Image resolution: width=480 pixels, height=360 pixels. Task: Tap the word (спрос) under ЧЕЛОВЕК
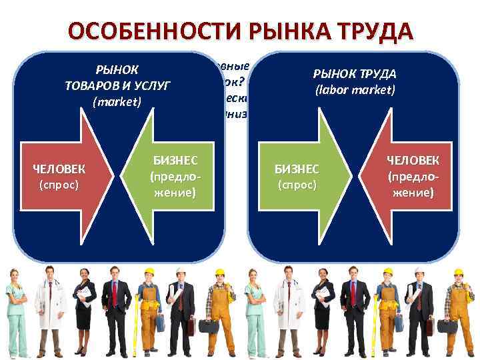[x=59, y=184]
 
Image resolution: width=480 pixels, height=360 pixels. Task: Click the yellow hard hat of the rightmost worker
[x=458, y=272]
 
